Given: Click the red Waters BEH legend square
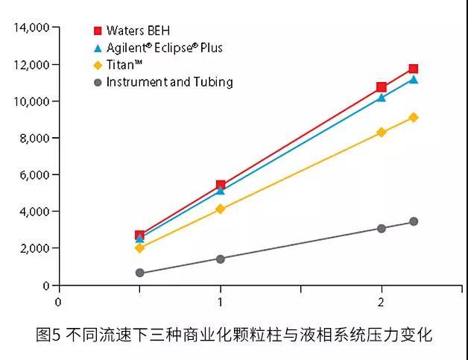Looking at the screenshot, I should pos(97,31).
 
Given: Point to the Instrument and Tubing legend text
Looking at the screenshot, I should pos(169,82).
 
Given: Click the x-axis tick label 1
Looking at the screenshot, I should pos(220,302).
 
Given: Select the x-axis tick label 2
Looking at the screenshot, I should pos(382,302).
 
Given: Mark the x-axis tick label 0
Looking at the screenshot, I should pos(58,302).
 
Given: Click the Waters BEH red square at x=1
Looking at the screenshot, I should pos(221,185).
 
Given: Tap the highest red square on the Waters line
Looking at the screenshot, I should pos(414,69).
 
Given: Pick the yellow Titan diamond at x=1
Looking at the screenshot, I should pos(221,209).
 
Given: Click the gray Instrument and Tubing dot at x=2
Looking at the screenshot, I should pos(382,228).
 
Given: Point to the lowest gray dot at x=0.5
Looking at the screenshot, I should pos(139,273).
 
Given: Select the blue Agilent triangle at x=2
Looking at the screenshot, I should pos(382,97).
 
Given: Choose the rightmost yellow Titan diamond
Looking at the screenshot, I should pos(414,117).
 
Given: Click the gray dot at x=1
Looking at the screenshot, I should pos(221,259).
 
